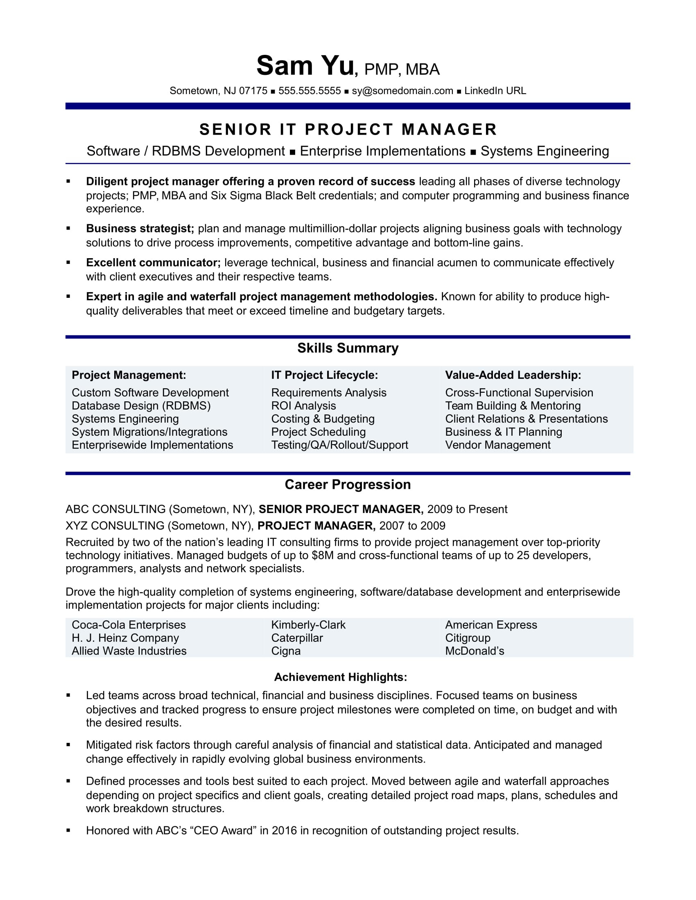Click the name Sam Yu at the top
305,66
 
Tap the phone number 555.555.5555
309,91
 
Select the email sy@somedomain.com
402,91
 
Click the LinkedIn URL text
495,91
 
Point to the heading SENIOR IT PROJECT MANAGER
348,130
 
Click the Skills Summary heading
348,348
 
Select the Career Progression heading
348,485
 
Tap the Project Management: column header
129,375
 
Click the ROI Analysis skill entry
303,406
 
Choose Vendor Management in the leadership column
497,445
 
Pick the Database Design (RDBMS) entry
141,406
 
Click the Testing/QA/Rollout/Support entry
339,445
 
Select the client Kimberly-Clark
308,625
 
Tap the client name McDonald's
474,651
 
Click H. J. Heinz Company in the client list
125,638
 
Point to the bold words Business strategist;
140,229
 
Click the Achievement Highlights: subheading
341,677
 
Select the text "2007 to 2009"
412,526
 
